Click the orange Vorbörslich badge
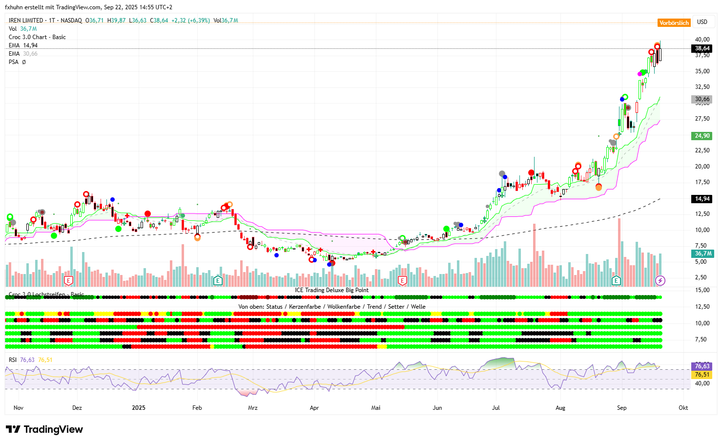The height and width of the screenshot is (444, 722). coord(674,23)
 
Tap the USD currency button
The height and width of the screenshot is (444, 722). coord(702,22)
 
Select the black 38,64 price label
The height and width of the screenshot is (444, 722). coord(702,48)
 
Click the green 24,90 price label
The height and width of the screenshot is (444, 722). coord(702,136)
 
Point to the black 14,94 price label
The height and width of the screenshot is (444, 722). coord(702,199)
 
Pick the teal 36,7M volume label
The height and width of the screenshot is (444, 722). coord(703,254)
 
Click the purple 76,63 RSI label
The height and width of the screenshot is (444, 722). coord(702,366)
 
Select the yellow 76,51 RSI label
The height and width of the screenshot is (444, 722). coord(702,375)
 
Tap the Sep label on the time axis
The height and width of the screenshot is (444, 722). coord(621,408)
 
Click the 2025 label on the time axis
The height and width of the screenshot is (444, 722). coord(139,408)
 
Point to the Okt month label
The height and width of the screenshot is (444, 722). coord(683,408)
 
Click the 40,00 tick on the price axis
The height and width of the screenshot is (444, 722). coord(702,40)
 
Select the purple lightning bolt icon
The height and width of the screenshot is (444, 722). coord(660,280)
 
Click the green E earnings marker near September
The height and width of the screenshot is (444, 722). coord(616,280)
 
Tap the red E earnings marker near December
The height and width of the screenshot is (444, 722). coord(68,280)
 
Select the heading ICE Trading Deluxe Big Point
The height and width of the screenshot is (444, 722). coord(331,290)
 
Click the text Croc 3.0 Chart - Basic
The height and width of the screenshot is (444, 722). coord(37,37)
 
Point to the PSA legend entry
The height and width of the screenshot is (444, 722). coord(14,62)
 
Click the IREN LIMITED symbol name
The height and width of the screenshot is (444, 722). coord(26,21)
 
